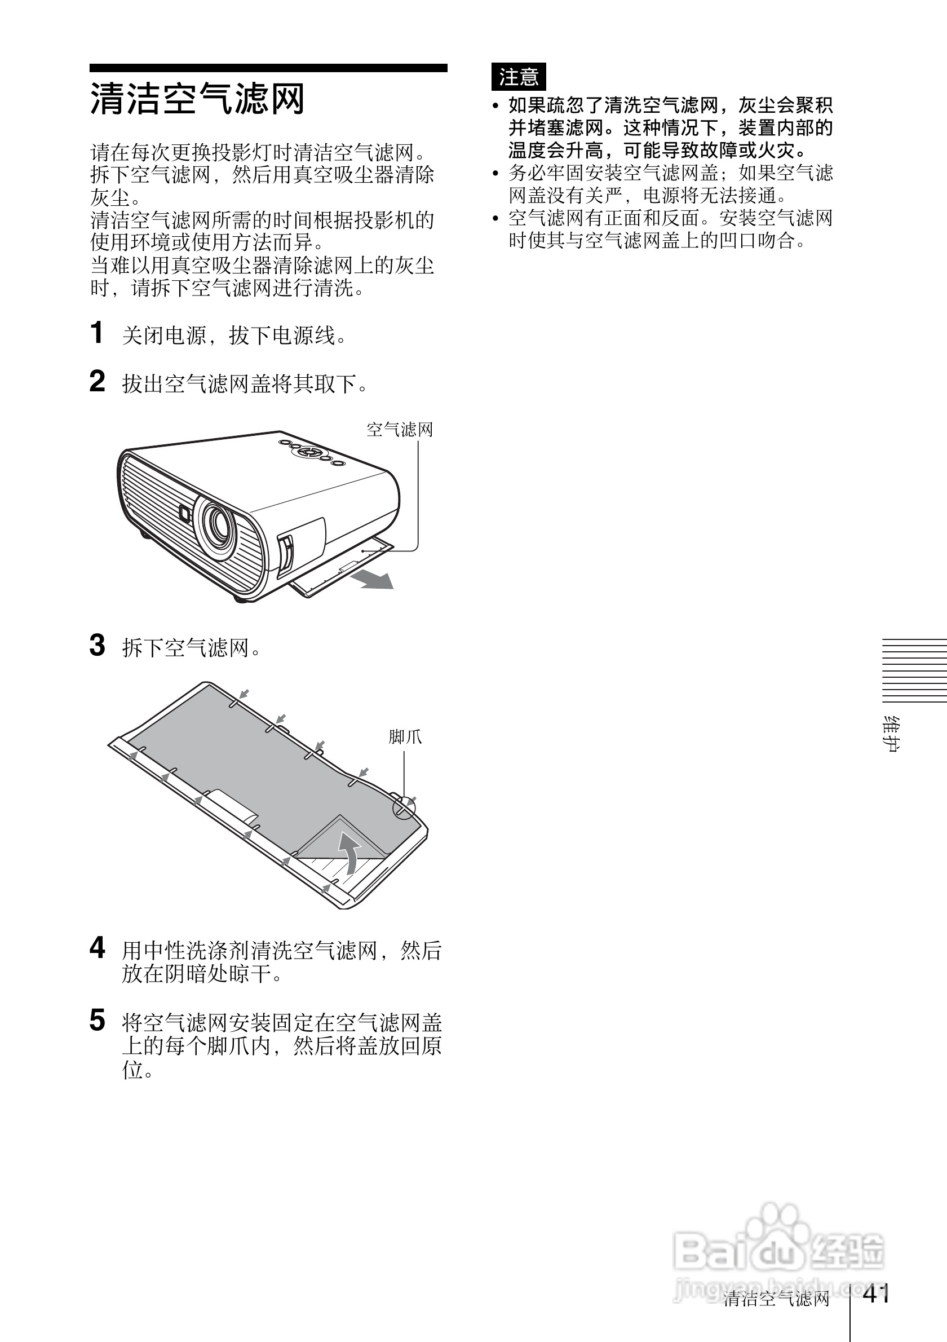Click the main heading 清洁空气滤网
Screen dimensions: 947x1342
197,99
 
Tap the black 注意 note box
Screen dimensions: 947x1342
518,77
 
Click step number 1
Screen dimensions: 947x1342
97,333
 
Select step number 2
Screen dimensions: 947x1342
97,381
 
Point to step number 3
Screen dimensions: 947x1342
97,645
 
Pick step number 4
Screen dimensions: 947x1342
97,947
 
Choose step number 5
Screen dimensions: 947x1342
97,1020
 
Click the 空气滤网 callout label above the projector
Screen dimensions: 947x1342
400,430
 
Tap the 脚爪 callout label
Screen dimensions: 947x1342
405,736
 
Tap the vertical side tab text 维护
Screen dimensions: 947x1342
891,734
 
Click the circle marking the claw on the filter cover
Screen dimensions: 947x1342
404,809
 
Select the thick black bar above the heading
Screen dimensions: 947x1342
268,68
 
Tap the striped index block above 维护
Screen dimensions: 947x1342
914,670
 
